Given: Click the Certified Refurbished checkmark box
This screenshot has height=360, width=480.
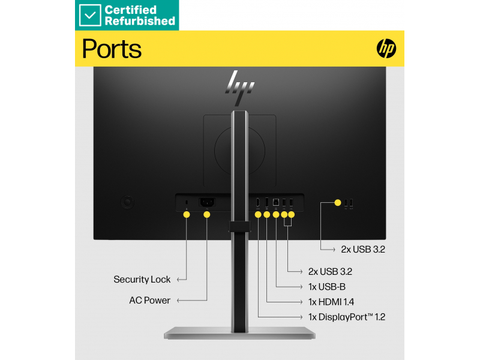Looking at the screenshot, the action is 89,16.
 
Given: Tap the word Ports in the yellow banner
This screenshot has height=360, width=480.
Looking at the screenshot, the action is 112,49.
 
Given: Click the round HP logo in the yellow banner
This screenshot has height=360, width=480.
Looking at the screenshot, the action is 386,49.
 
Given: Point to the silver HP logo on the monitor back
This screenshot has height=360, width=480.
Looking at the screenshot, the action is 239,87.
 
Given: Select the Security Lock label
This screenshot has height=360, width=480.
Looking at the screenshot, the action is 142,280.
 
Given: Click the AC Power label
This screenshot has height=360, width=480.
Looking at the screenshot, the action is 149,301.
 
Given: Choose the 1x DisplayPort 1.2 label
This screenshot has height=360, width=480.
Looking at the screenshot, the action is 347,317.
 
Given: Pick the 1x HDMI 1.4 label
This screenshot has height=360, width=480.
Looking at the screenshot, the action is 331,302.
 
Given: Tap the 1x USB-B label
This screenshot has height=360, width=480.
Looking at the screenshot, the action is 327,287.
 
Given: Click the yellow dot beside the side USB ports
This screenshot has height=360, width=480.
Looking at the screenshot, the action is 338,203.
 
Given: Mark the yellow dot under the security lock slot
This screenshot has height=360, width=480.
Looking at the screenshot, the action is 187,215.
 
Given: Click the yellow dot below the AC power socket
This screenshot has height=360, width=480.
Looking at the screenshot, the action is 207,215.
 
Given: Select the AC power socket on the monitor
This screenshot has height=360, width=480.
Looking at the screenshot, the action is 207,202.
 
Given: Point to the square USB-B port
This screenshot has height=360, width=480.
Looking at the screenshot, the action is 276,202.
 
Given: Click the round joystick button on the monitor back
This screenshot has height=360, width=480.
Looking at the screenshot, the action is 127,202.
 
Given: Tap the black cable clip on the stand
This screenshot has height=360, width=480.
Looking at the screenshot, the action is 239,227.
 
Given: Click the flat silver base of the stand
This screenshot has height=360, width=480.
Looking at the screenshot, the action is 239,333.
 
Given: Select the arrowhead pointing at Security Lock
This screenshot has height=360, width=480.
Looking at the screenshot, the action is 179,280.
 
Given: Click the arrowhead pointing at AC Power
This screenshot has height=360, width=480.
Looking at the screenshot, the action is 179,301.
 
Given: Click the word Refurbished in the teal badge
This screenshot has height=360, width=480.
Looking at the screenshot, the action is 140,21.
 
